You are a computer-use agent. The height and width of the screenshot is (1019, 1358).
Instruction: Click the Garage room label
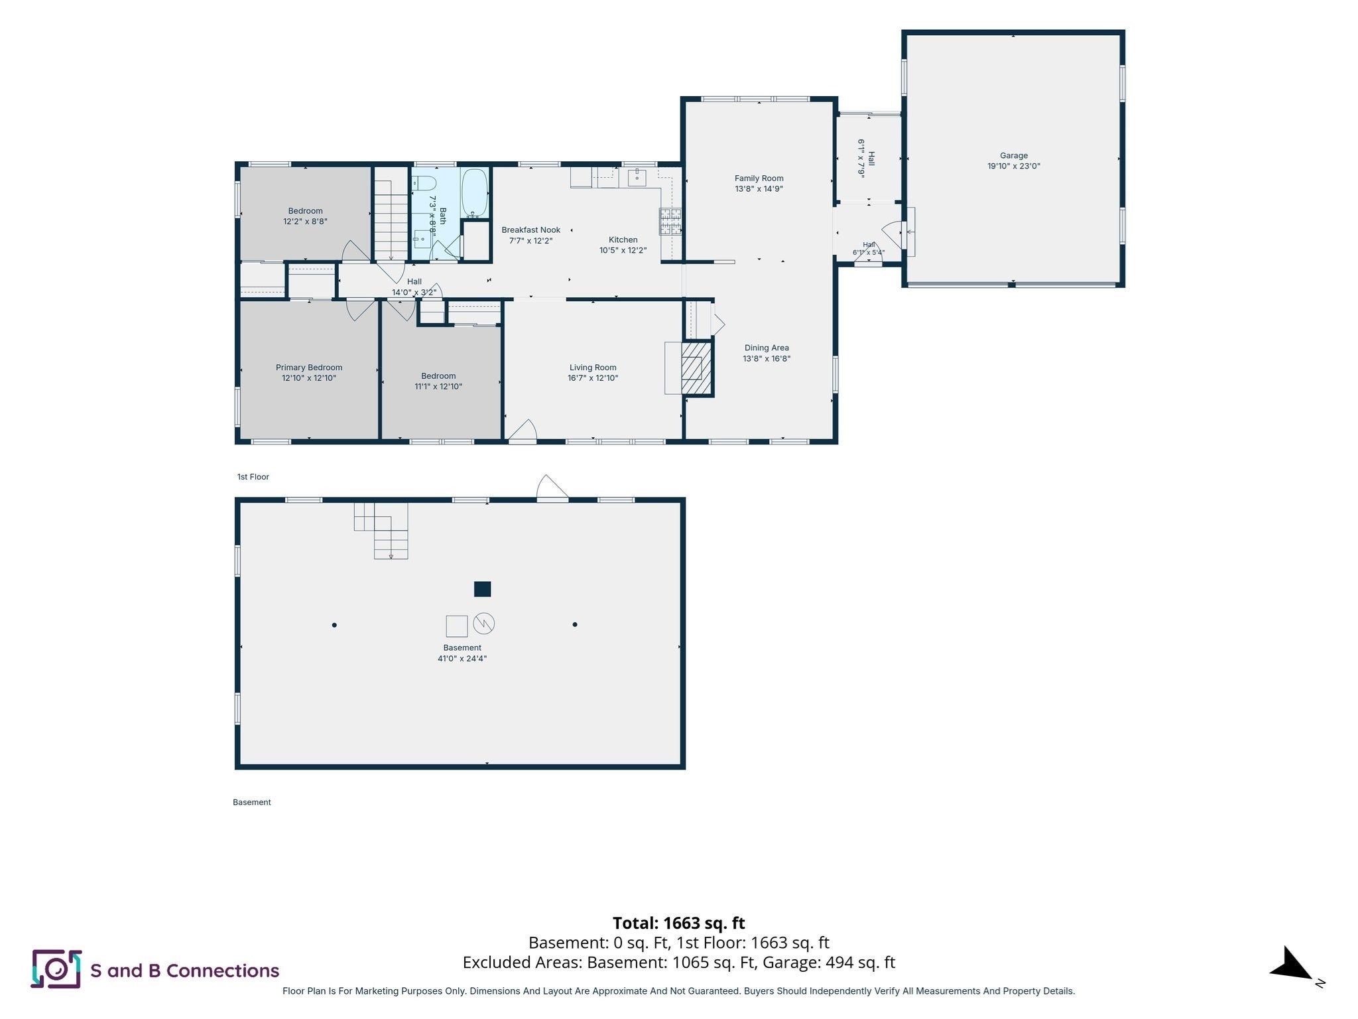(x=1013, y=155)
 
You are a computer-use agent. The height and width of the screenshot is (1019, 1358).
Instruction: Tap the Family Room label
(x=759, y=178)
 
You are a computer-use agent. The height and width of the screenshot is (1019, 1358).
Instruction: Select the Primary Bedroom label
(x=309, y=368)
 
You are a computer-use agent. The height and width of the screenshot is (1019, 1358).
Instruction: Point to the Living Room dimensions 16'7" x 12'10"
(x=593, y=378)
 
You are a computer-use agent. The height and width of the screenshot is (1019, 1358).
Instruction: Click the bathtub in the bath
(x=474, y=193)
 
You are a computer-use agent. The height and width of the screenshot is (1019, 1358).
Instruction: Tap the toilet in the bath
(x=424, y=183)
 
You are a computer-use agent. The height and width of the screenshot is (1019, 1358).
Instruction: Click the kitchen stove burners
(x=670, y=221)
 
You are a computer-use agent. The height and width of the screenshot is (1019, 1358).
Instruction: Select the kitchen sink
(x=637, y=177)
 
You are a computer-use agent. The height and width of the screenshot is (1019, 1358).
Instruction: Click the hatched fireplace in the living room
(x=696, y=368)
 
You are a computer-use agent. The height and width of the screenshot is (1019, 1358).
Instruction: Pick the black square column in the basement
(x=482, y=588)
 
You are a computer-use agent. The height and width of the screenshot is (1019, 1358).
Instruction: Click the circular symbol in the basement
(x=484, y=623)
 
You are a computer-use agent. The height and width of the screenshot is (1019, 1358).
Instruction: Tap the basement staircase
(x=381, y=531)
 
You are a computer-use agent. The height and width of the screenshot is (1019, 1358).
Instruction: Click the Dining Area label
(x=767, y=348)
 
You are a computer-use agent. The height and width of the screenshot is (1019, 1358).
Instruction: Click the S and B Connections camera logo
(x=56, y=969)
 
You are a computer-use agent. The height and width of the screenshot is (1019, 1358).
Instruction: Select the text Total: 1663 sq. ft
(x=679, y=923)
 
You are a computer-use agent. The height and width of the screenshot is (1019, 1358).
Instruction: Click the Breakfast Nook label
(x=531, y=230)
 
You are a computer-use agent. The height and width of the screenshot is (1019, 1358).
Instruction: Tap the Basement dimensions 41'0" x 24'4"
(x=462, y=659)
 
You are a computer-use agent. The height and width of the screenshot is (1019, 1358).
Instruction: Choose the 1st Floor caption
(x=253, y=477)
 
